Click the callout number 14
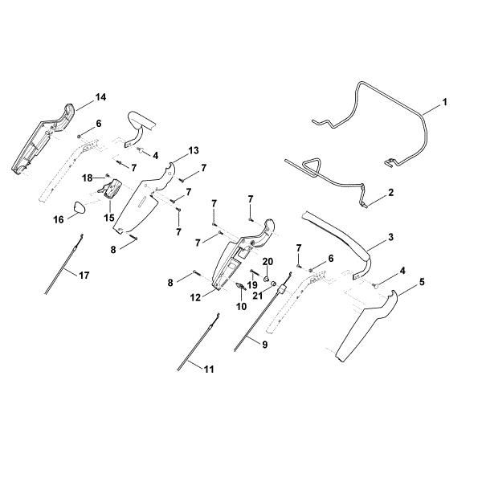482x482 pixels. (100, 97)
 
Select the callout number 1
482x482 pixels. (445, 102)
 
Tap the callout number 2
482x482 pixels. (390, 193)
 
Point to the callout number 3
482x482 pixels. (390, 237)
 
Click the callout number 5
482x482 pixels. (422, 282)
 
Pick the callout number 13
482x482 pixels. (194, 150)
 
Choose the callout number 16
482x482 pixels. (59, 219)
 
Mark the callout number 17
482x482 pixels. (84, 275)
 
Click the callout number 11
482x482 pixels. (209, 369)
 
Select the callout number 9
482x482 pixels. (264, 345)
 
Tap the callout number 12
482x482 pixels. (195, 297)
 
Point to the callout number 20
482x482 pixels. (268, 262)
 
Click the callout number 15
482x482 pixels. (109, 218)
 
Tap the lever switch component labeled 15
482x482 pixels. (110, 189)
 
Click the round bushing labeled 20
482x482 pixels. (267, 280)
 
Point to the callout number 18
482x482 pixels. (88, 178)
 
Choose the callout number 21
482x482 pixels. (258, 296)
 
